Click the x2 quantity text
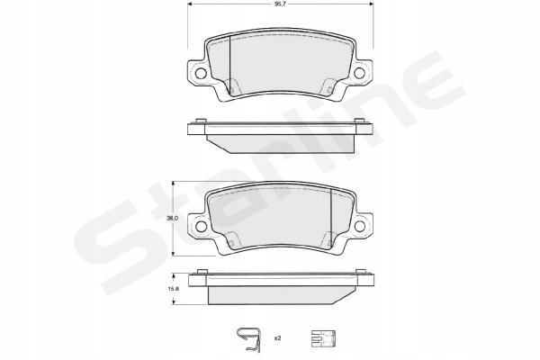(x=278, y=338)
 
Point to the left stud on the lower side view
(x=196, y=274)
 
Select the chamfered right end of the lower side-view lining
(x=346, y=294)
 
